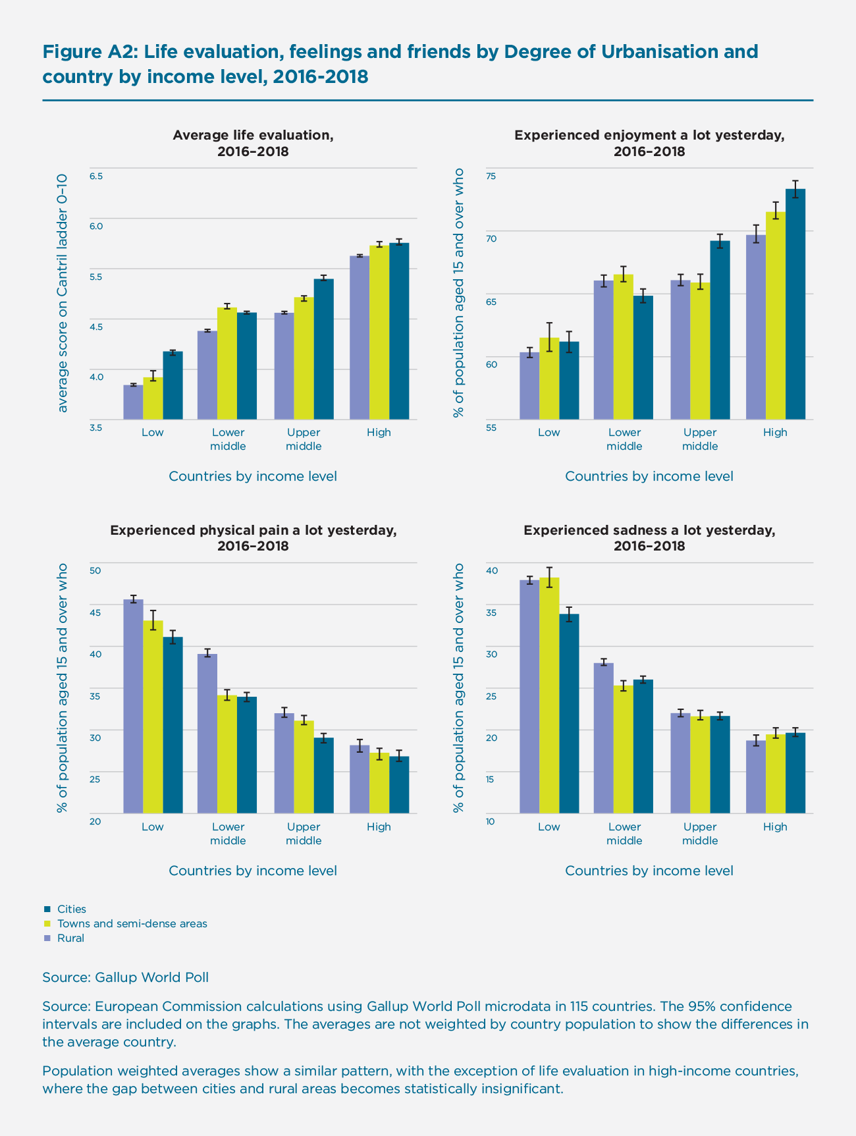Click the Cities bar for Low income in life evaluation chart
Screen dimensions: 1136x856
(x=173, y=386)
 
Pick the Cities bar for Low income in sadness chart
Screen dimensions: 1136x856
(x=569, y=714)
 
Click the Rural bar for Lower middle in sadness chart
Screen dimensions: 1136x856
(x=604, y=738)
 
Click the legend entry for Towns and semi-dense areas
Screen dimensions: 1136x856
(x=132, y=923)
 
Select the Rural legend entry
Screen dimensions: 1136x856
(x=70, y=938)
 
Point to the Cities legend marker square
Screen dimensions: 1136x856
(x=47, y=909)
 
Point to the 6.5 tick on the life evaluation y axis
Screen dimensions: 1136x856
(x=96, y=176)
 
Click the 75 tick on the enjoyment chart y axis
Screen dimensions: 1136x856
(x=491, y=176)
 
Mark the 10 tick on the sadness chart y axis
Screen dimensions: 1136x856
(x=491, y=821)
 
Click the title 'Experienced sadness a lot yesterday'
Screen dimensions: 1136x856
(x=649, y=530)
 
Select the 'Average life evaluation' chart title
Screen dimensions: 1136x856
(x=253, y=135)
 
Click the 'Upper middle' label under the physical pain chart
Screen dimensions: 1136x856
(x=304, y=834)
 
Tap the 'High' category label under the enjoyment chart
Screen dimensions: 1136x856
(x=775, y=433)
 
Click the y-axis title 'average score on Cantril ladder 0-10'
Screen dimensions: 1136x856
(x=63, y=293)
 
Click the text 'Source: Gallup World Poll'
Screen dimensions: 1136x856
(x=125, y=977)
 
